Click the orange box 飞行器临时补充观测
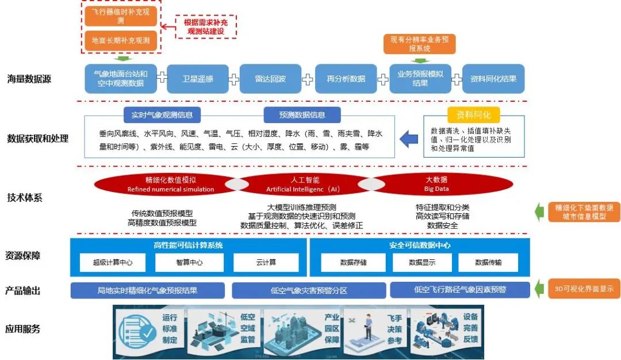coord(121,16)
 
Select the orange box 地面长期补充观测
coord(121,40)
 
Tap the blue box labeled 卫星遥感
coord(197,79)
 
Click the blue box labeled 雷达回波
coord(270,79)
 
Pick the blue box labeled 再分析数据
coord(346,79)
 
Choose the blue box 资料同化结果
coord(493,79)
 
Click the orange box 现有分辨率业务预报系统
coord(419,44)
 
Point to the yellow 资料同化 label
coord(473,114)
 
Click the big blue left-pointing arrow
coord(409,139)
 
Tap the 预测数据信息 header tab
coord(302,114)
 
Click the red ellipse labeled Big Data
coord(436,184)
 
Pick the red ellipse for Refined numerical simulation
coord(163,184)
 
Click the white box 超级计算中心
coord(113,262)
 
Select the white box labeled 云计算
coord(266,262)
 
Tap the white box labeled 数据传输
coord(488,262)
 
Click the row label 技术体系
coord(25,198)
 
